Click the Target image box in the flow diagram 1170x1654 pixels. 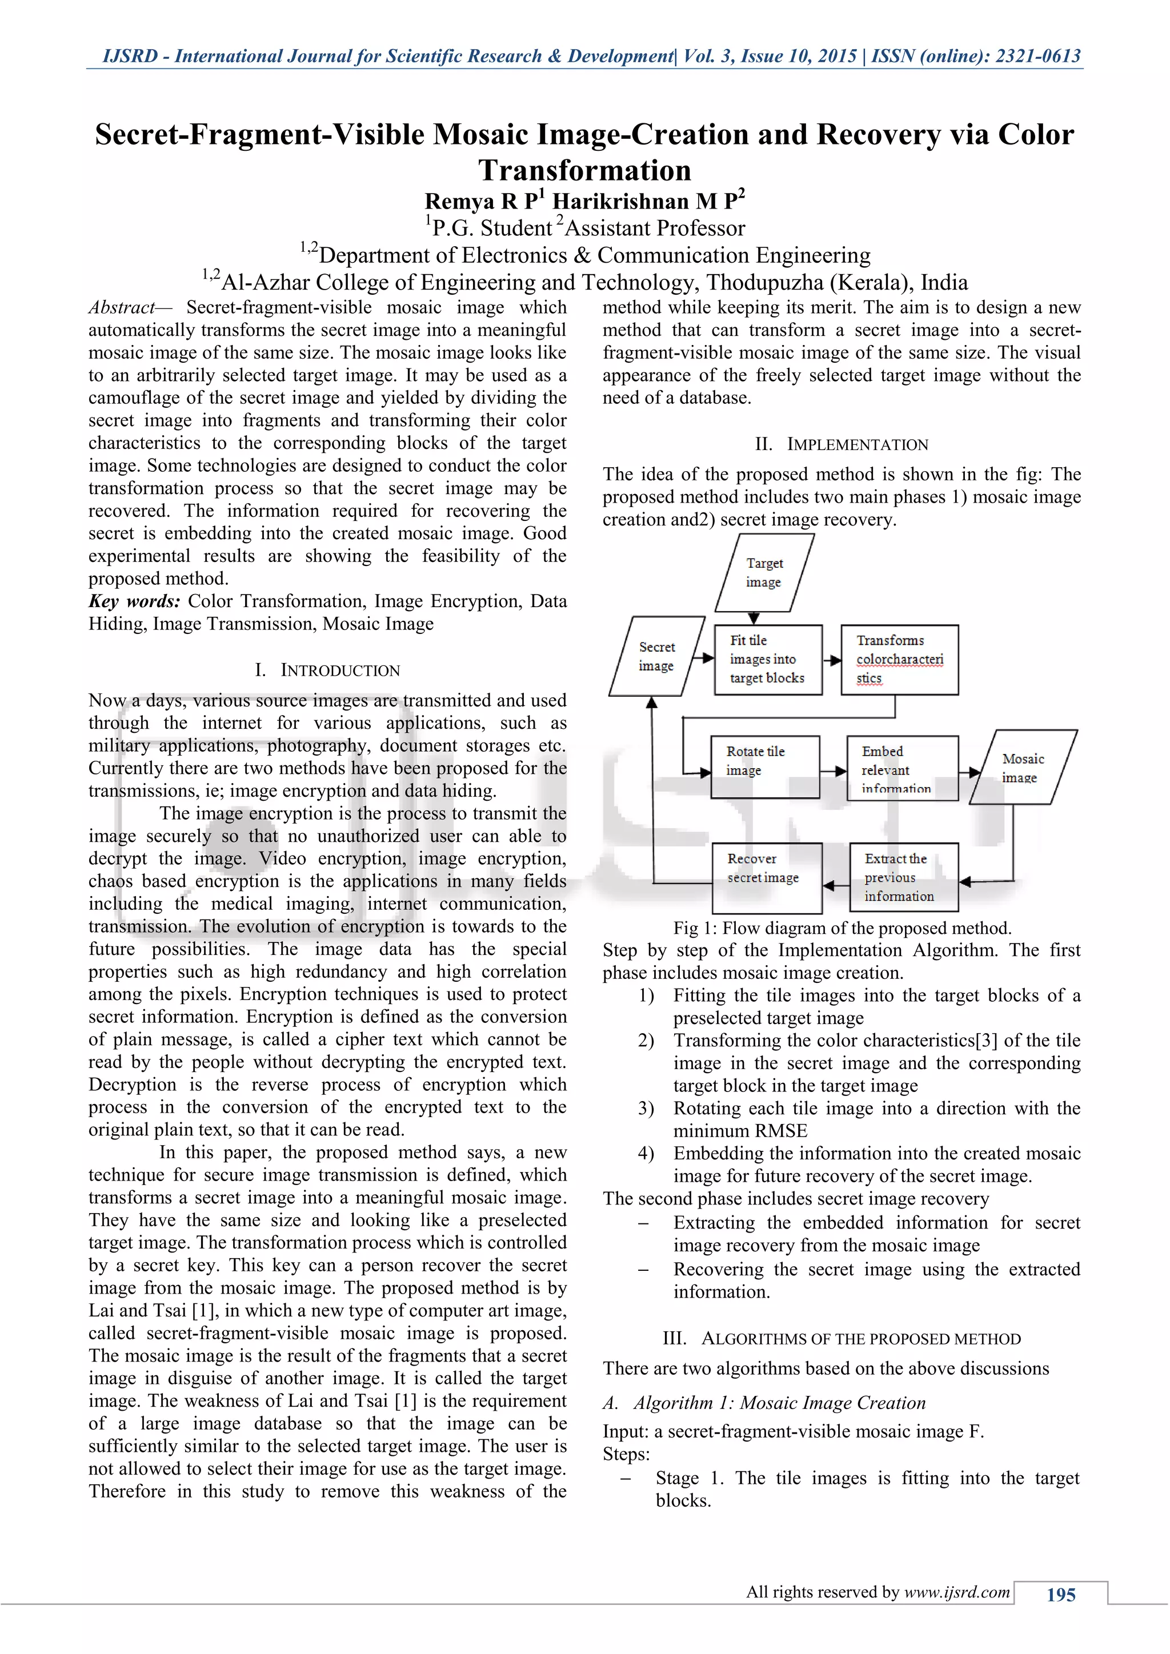click(x=764, y=573)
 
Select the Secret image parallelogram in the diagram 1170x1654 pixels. click(x=656, y=656)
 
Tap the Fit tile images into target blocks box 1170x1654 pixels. click(x=767, y=659)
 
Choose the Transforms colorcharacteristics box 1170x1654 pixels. click(x=899, y=659)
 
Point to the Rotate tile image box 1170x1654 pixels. click(x=764, y=766)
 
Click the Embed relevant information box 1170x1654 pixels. click(x=902, y=768)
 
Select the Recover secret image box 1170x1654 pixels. click(x=767, y=877)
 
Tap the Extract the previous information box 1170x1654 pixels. click(x=903, y=877)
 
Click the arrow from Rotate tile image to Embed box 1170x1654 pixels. click(x=834, y=772)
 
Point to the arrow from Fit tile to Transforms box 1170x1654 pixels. click(x=832, y=660)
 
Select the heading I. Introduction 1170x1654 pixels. click(x=327, y=671)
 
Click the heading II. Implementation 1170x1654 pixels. click(x=842, y=444)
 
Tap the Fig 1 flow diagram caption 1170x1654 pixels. click(x=842, y=928)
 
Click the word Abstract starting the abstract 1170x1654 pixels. click(x=122, y=308)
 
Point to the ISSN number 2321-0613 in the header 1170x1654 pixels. click(x=1038, y=56)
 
